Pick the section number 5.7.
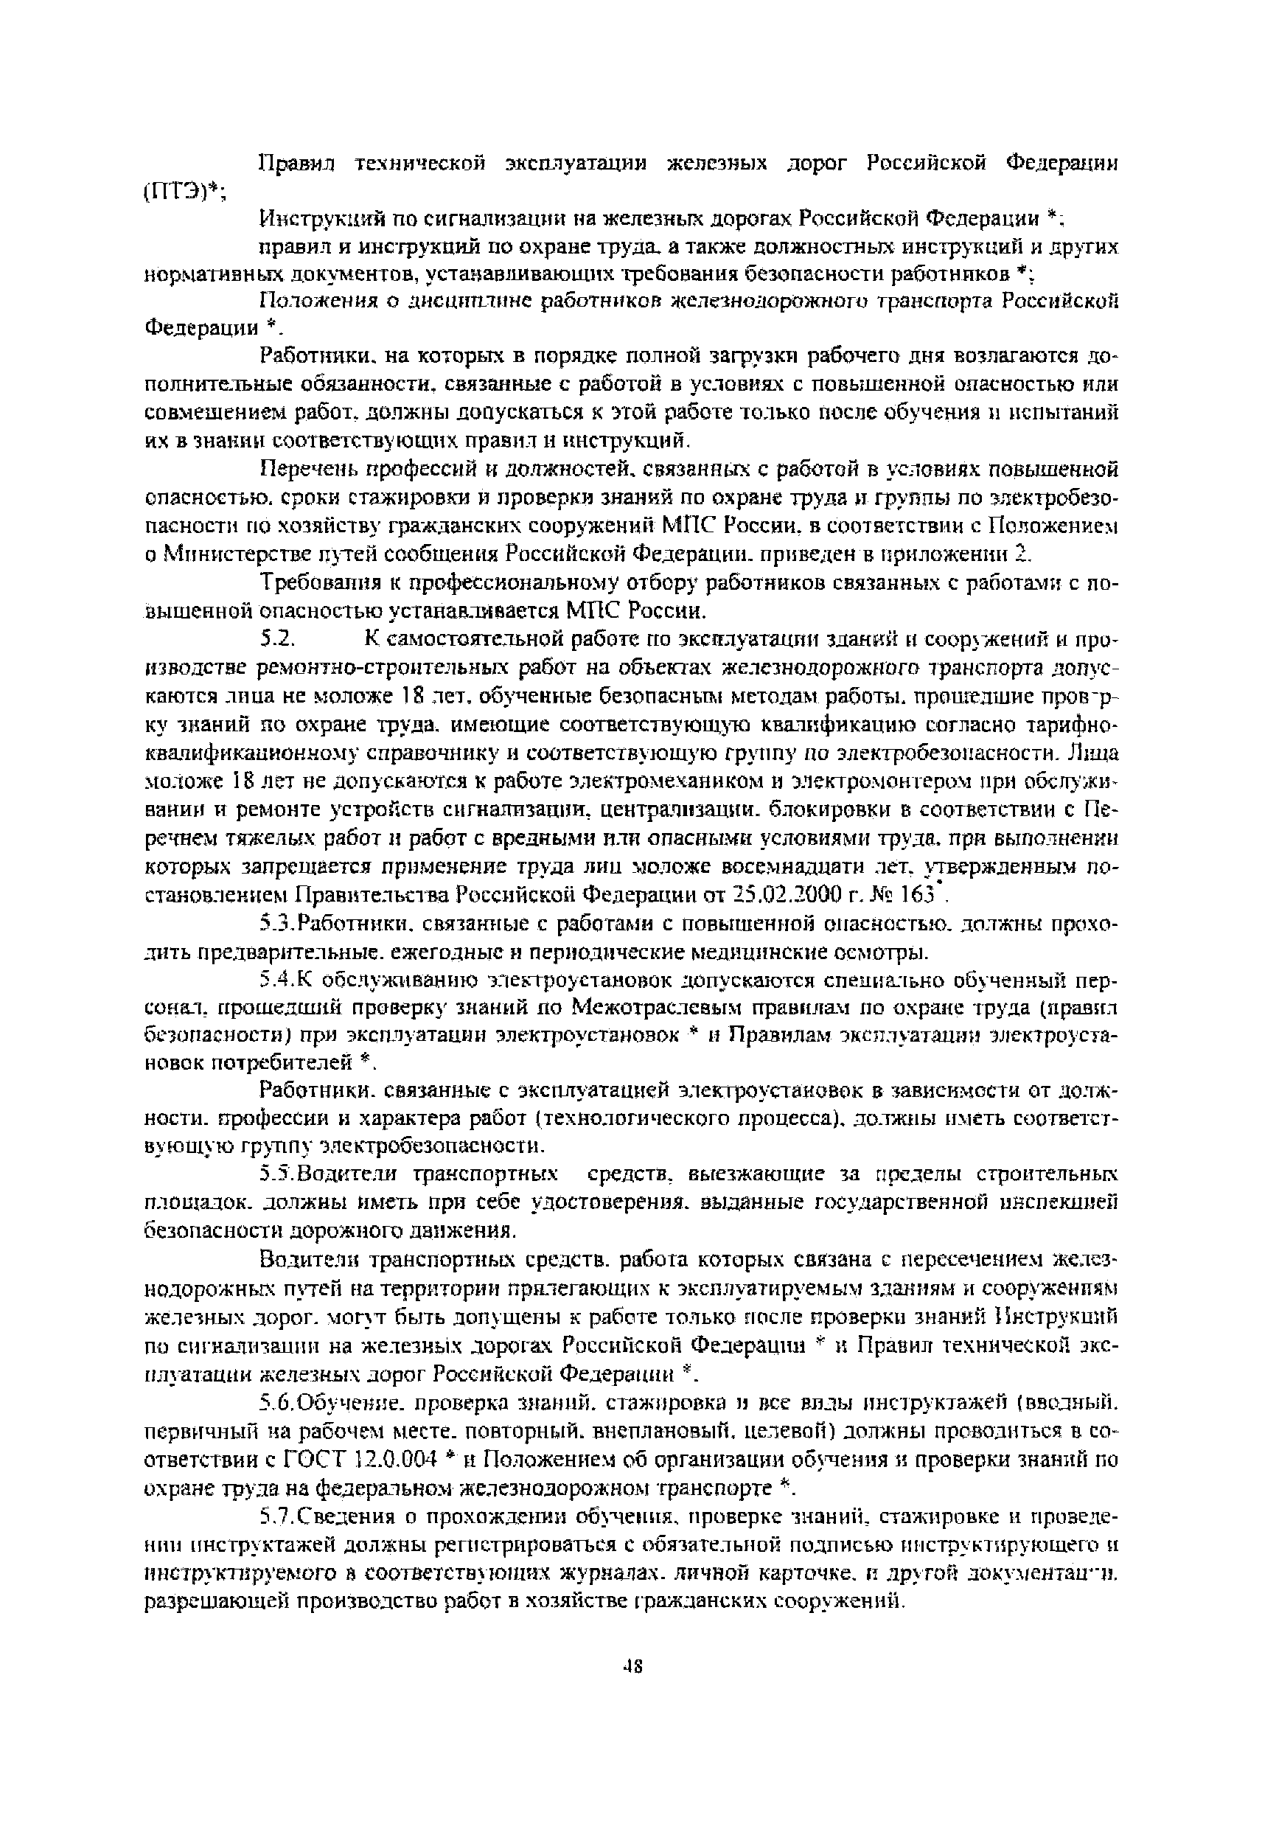click(274, 1517)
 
